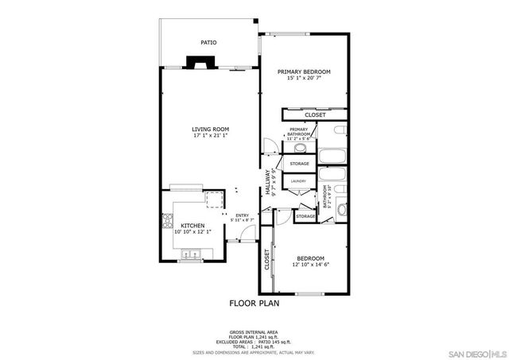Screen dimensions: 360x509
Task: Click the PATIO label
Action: click(x=208, y=43)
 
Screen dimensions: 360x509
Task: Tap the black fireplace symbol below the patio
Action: click(x=195, y=62)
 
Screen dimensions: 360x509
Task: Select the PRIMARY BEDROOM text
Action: click(x=304, y=72)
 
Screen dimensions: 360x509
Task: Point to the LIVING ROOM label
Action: click(x=210, y=130)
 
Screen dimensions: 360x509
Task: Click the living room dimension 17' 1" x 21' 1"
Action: click(x=210, y=136)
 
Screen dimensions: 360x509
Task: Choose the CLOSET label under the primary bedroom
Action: click(x=315, y=114)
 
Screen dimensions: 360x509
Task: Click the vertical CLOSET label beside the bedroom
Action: click(x=266, y=260)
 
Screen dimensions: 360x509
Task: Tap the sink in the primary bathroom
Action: click(x=311, y=148)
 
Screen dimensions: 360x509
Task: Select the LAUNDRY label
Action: click(x=298, y=181)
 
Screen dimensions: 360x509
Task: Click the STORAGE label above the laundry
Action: click(x=299, y=164)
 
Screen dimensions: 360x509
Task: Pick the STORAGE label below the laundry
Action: click(x=305, y=216)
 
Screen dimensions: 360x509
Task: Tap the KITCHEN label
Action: click(x=193, y=226)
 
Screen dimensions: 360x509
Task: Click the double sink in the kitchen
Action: click(x=191, y=255)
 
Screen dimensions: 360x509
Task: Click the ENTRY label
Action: click(x=242, y=215)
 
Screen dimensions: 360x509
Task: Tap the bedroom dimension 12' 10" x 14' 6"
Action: click(x=310, y=265)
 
